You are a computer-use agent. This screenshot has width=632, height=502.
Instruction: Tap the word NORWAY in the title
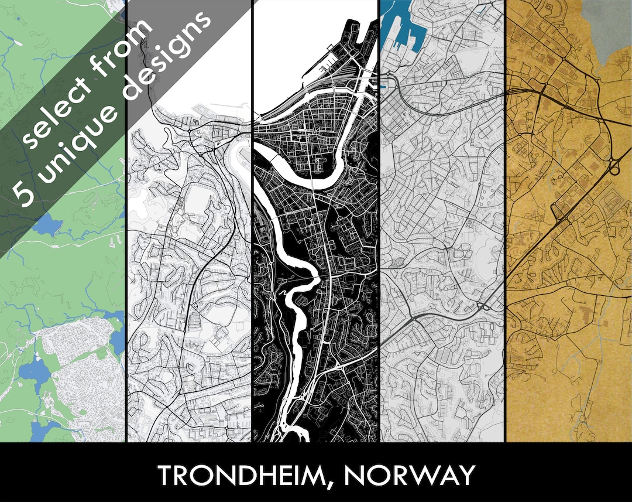(x=409, y=475)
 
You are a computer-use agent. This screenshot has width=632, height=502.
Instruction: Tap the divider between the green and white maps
(x=126, y=293)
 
